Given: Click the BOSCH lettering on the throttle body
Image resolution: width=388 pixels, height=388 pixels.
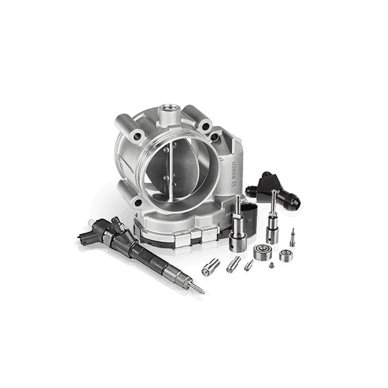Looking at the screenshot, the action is click(x=234, y=171).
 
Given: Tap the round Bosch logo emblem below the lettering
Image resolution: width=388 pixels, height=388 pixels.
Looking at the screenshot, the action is click(x=233, y=184).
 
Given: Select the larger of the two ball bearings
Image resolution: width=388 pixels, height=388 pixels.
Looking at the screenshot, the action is click(x=263, y=252).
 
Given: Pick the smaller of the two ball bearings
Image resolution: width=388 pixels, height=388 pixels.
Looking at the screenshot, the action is click(x=286, y=255).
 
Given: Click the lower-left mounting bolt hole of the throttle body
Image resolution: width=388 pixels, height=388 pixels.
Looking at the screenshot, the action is click(x=138, y=202).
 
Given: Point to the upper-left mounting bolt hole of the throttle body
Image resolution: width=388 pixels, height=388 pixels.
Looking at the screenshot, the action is click(x=138, y=136).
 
